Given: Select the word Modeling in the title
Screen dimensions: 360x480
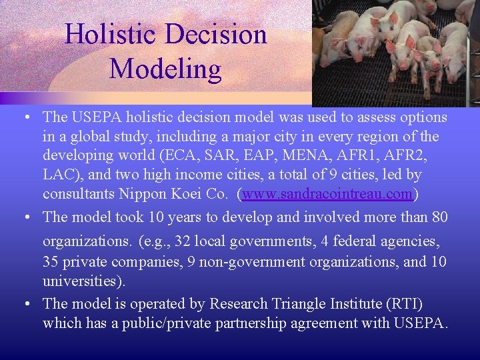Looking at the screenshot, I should tap(165, 68).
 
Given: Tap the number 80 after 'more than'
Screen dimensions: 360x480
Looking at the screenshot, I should tap(438, 217).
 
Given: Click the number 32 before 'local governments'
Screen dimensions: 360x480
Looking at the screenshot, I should tap(183, 241).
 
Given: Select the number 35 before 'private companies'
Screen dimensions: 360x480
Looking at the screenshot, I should tap(52, 261).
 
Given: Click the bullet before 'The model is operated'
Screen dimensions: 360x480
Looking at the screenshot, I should tap(24, 304).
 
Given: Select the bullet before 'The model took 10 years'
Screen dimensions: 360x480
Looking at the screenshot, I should tap(24, 217).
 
